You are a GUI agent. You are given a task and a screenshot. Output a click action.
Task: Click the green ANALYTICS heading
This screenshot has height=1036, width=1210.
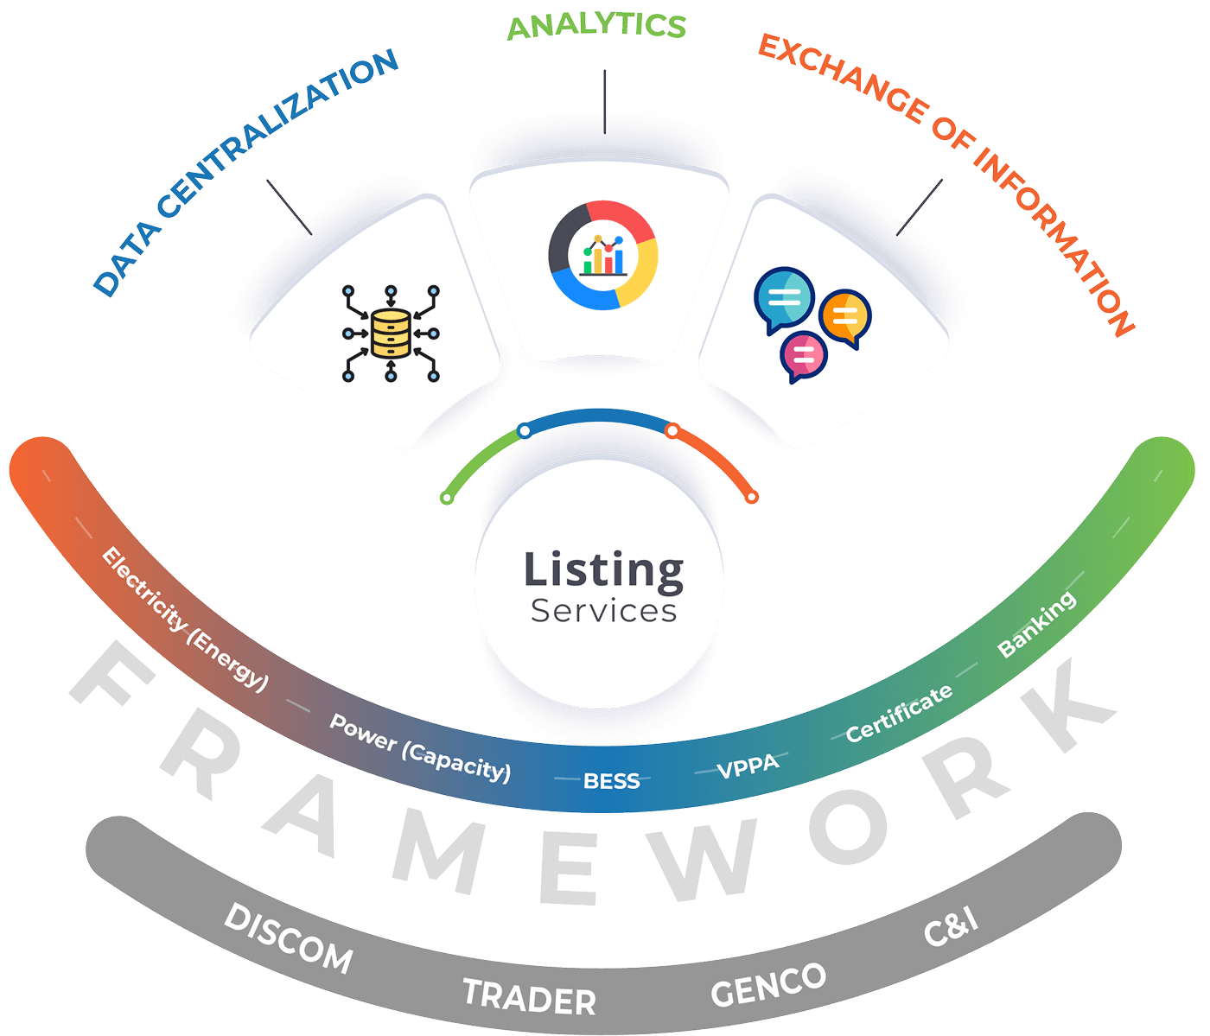[596, 25]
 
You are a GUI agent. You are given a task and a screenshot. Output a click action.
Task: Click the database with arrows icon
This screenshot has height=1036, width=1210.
[391, 333]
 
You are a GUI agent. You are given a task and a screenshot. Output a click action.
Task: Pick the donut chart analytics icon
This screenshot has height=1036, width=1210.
[603, 254]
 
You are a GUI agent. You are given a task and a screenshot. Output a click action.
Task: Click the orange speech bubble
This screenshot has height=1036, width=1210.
[845, 317]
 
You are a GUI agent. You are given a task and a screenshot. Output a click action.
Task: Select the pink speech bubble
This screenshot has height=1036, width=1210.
[804, 355]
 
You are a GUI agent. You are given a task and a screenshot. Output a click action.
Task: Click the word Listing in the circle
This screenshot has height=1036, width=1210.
[603, 570]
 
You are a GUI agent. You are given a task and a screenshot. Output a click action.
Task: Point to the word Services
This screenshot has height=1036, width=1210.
[603, 611]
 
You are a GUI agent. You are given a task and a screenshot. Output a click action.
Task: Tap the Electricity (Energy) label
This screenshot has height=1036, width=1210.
[185, 619]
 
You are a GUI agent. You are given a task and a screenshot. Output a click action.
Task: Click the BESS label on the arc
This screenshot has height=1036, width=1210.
[612, 781]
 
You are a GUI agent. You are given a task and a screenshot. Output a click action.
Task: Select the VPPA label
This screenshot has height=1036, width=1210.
[748, 766]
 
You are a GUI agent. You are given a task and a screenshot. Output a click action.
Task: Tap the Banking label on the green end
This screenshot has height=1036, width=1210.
[1036, 624]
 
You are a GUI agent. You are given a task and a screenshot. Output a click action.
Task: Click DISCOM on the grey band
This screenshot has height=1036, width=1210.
[288, 938]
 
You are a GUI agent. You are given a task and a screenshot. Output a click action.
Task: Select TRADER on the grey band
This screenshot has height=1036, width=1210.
[529, 996]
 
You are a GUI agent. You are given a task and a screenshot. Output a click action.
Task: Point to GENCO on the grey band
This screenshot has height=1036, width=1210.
[768, 984]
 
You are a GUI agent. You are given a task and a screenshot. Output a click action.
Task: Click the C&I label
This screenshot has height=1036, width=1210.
[951, 926]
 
